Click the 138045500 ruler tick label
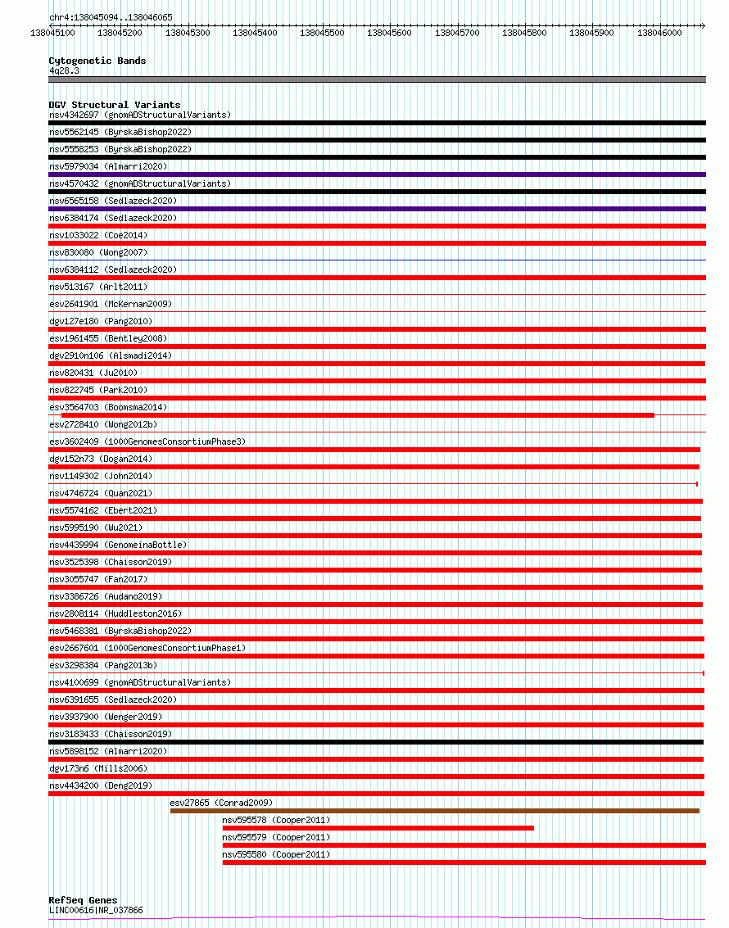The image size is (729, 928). [x=322, y=33]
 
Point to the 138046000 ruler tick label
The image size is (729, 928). [x=659, y=33]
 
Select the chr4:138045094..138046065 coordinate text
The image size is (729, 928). [x=111, y=17]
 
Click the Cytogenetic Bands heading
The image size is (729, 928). [x=97, y=61]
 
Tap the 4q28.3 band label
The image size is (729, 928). [x=64, y=70]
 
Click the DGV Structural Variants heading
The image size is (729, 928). [x=114, y=105]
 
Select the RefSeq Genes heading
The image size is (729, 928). [x=83, y=900]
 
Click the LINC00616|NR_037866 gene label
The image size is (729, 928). [x=96, y=910]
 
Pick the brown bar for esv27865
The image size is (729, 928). [x=434, y=811]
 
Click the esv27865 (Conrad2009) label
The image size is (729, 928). [x=221, y=803]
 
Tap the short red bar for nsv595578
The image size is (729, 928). [x=378, y=828]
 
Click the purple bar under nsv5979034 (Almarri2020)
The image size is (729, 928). [x=377, y=174]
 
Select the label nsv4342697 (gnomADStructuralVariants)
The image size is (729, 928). [x=140, y=115]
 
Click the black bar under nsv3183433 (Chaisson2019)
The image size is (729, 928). [x=377, y=742]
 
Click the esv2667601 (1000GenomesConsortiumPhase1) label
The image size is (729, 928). [x=147, y=648]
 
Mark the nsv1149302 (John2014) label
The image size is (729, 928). [x=101, y=476]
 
